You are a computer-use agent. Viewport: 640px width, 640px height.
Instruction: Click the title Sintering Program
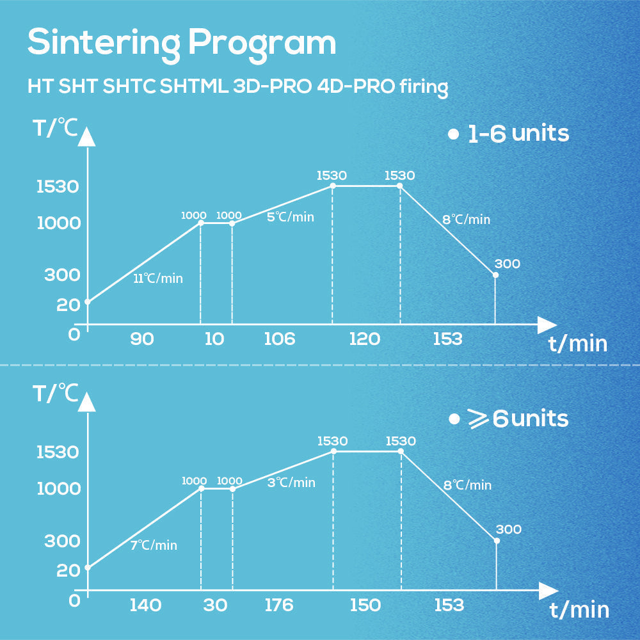pyautogui.click(x=181, y=43)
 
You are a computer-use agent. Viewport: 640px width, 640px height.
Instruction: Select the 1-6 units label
pyautogui.click(x=509, y=134)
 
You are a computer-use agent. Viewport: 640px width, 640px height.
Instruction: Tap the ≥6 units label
pyautogui.click(x=509, y=419)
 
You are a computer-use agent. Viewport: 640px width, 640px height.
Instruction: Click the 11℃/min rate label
pyautogui.click(x=158, y=278)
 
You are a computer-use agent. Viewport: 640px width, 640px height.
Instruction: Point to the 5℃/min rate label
pyautogui.click(x=290, y=217)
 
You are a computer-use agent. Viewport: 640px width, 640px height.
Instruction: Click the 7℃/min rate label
pyautogui.click(x=154, y=545)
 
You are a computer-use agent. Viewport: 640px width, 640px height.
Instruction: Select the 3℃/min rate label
pyautogui.click(x=291, y=483)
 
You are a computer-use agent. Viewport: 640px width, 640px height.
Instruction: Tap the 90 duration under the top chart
pyautogui.click(x=141, y=339)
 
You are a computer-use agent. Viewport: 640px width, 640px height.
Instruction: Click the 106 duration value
pyautogui.click(x=280, y=339)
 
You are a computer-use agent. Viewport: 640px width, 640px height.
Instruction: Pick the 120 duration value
pyautogui.click(x=365, y=339)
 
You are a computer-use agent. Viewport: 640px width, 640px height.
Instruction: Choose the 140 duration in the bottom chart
pyautogui.click(x=145, y=605)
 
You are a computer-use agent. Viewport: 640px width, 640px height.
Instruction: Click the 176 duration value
pyautogui.click(x=279, y=605)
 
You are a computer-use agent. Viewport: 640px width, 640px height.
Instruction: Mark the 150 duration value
pyautogui.click(x=365, y=605)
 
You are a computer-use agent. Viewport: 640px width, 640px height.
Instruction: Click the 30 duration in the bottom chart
pyautogui.click(x=216, y=605)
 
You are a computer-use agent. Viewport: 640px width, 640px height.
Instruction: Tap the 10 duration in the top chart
pyautogui.click(x=214, y=339)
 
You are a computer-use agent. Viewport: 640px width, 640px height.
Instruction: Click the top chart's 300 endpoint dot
pyautogui.click(x=495, y=275)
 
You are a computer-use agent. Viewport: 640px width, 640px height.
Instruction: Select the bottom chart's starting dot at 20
pyautogui.click(x=88, y=567)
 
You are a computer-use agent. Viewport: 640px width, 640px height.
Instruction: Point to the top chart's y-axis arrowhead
pyautogui.click(x=88, y=137)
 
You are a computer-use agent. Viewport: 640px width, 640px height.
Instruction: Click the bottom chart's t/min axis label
pyautogui.click(x=579, y=610)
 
